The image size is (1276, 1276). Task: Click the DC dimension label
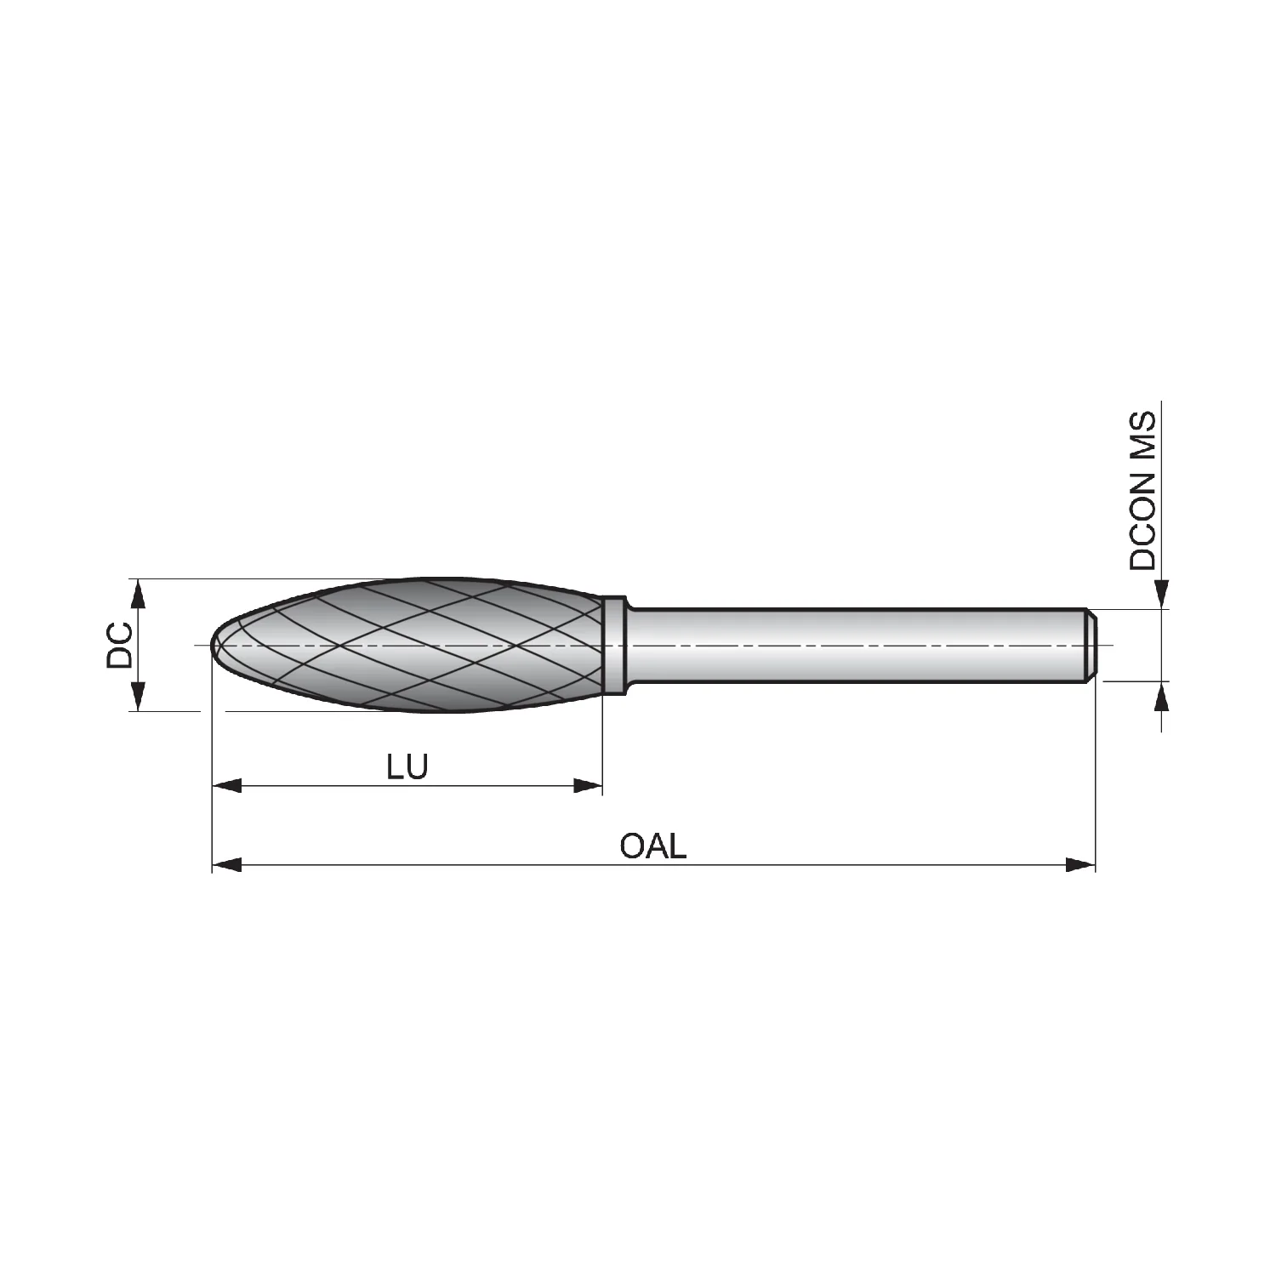point(119,645)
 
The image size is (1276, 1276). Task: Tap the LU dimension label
point(407,767)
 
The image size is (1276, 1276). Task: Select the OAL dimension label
point(652,846)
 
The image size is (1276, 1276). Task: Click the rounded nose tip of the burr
point(214,645)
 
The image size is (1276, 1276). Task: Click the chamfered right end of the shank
point(1091,645)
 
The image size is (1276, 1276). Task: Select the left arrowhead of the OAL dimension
point(226,865)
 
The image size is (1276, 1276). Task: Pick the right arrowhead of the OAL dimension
point(1080,865)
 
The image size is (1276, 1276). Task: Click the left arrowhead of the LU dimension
point(226,786)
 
